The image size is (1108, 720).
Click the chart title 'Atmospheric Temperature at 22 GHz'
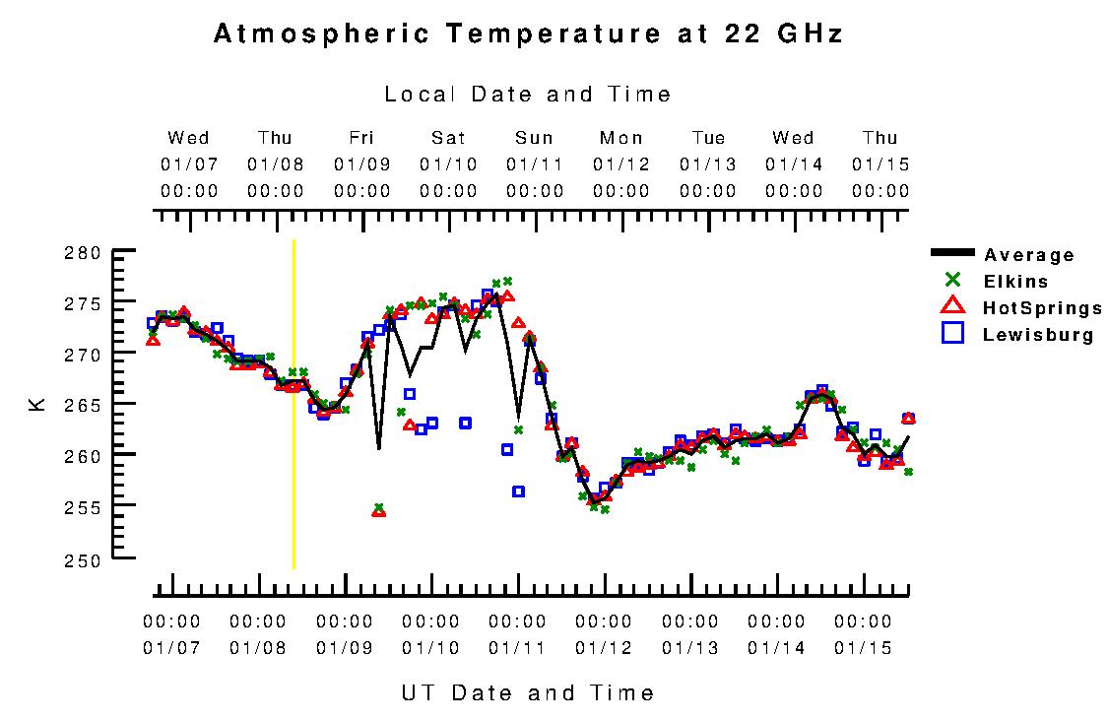(x=528, y=34)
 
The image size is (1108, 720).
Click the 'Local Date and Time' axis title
(x=528, y=95)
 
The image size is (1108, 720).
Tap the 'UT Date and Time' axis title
(x=528, y=692)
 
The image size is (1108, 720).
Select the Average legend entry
(x=1028, y=255)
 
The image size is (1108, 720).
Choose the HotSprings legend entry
(x=1042, y=308)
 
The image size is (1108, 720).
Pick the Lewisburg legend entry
(x=1037, y=335)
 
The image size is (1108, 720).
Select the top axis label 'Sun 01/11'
(x=535, y=164)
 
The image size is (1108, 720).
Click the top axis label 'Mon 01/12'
(x=621, y=164)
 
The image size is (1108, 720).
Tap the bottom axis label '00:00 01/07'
(x=171, y=634)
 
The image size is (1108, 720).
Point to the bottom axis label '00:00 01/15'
(x=863, y=634)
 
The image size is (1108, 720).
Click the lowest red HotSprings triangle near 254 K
(x=378, y=511)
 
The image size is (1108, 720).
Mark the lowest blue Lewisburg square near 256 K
(x=518, y=491)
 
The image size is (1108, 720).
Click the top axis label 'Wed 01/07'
(x=188, y=164)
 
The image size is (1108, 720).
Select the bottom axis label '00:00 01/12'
(x=604, y=634)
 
